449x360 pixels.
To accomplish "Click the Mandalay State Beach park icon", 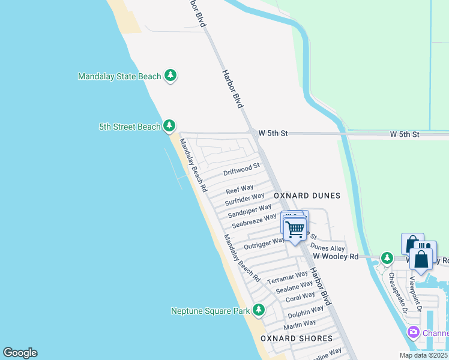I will [171, 76].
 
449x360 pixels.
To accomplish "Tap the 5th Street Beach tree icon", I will [170, 126].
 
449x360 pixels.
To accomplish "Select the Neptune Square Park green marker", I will [259, 310].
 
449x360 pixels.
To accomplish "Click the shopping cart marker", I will [294, 229].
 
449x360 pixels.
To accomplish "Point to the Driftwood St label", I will [241, 170].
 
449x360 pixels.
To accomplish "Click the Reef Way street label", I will [240, 189].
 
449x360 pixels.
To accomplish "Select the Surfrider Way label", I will [244, 199].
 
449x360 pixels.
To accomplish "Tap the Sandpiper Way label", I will [249, 211].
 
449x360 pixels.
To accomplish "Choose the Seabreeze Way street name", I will [254, 221].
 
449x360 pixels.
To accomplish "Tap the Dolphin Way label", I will [306, 312].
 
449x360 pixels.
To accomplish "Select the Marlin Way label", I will [300, 325].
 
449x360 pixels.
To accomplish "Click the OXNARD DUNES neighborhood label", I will [307, 196].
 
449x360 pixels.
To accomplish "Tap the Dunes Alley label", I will [327, 248].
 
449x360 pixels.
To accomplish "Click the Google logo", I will [20, 353].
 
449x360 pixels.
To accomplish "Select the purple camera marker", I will [413, 332].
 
